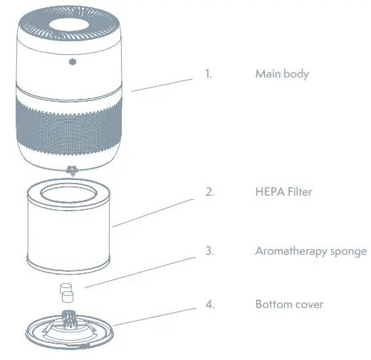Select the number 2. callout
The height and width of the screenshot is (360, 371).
[209, 191]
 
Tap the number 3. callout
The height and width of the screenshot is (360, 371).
[209, 250]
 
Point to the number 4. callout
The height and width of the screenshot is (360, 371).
[209, 304]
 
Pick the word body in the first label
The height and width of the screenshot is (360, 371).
[298, 74]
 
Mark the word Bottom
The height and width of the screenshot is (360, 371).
[273, 304]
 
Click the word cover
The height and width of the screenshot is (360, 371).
[310, 304]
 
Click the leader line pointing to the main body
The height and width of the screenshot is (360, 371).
[162, 83]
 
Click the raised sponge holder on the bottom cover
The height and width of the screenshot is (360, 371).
[70, 315]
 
